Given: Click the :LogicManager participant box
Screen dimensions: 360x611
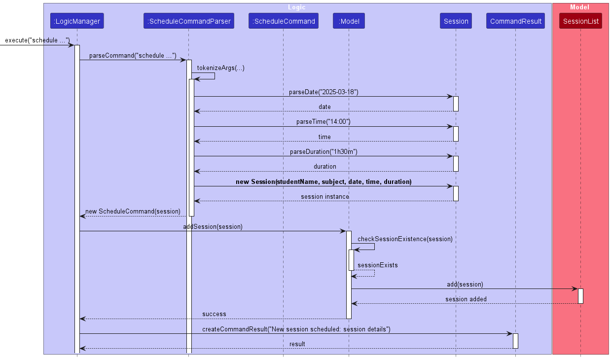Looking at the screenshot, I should (77, 21).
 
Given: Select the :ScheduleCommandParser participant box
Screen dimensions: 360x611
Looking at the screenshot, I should (189, 21).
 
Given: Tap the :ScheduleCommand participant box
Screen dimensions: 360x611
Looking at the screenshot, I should (284, 21).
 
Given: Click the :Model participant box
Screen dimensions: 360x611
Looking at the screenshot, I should (349, 21).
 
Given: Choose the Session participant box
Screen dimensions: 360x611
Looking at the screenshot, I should (456, 21).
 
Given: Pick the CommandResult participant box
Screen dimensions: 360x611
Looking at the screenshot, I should (515, 21).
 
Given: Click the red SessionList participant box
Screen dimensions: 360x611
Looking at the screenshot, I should (580, 21).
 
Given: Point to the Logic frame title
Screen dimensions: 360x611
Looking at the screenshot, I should (297, 7).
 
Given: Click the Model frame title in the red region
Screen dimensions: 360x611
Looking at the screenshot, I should (579, 7).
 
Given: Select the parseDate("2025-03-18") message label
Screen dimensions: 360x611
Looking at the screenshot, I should (323, 92).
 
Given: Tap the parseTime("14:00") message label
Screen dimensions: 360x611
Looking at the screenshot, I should (323, 122).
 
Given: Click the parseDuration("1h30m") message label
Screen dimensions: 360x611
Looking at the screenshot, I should (323, 152).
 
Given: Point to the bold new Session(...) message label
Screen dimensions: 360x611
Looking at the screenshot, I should (323, 181).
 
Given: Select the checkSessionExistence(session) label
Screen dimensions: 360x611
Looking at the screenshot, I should (405, 239).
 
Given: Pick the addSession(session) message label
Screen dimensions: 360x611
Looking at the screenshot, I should (213, 226).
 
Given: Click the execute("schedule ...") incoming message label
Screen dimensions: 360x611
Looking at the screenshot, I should (37, 40).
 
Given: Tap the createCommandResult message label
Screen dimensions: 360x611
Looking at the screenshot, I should (296, 329).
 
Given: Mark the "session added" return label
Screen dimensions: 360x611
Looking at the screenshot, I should (466, 299).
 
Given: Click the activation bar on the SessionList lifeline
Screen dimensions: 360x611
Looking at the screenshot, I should (580, 296).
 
